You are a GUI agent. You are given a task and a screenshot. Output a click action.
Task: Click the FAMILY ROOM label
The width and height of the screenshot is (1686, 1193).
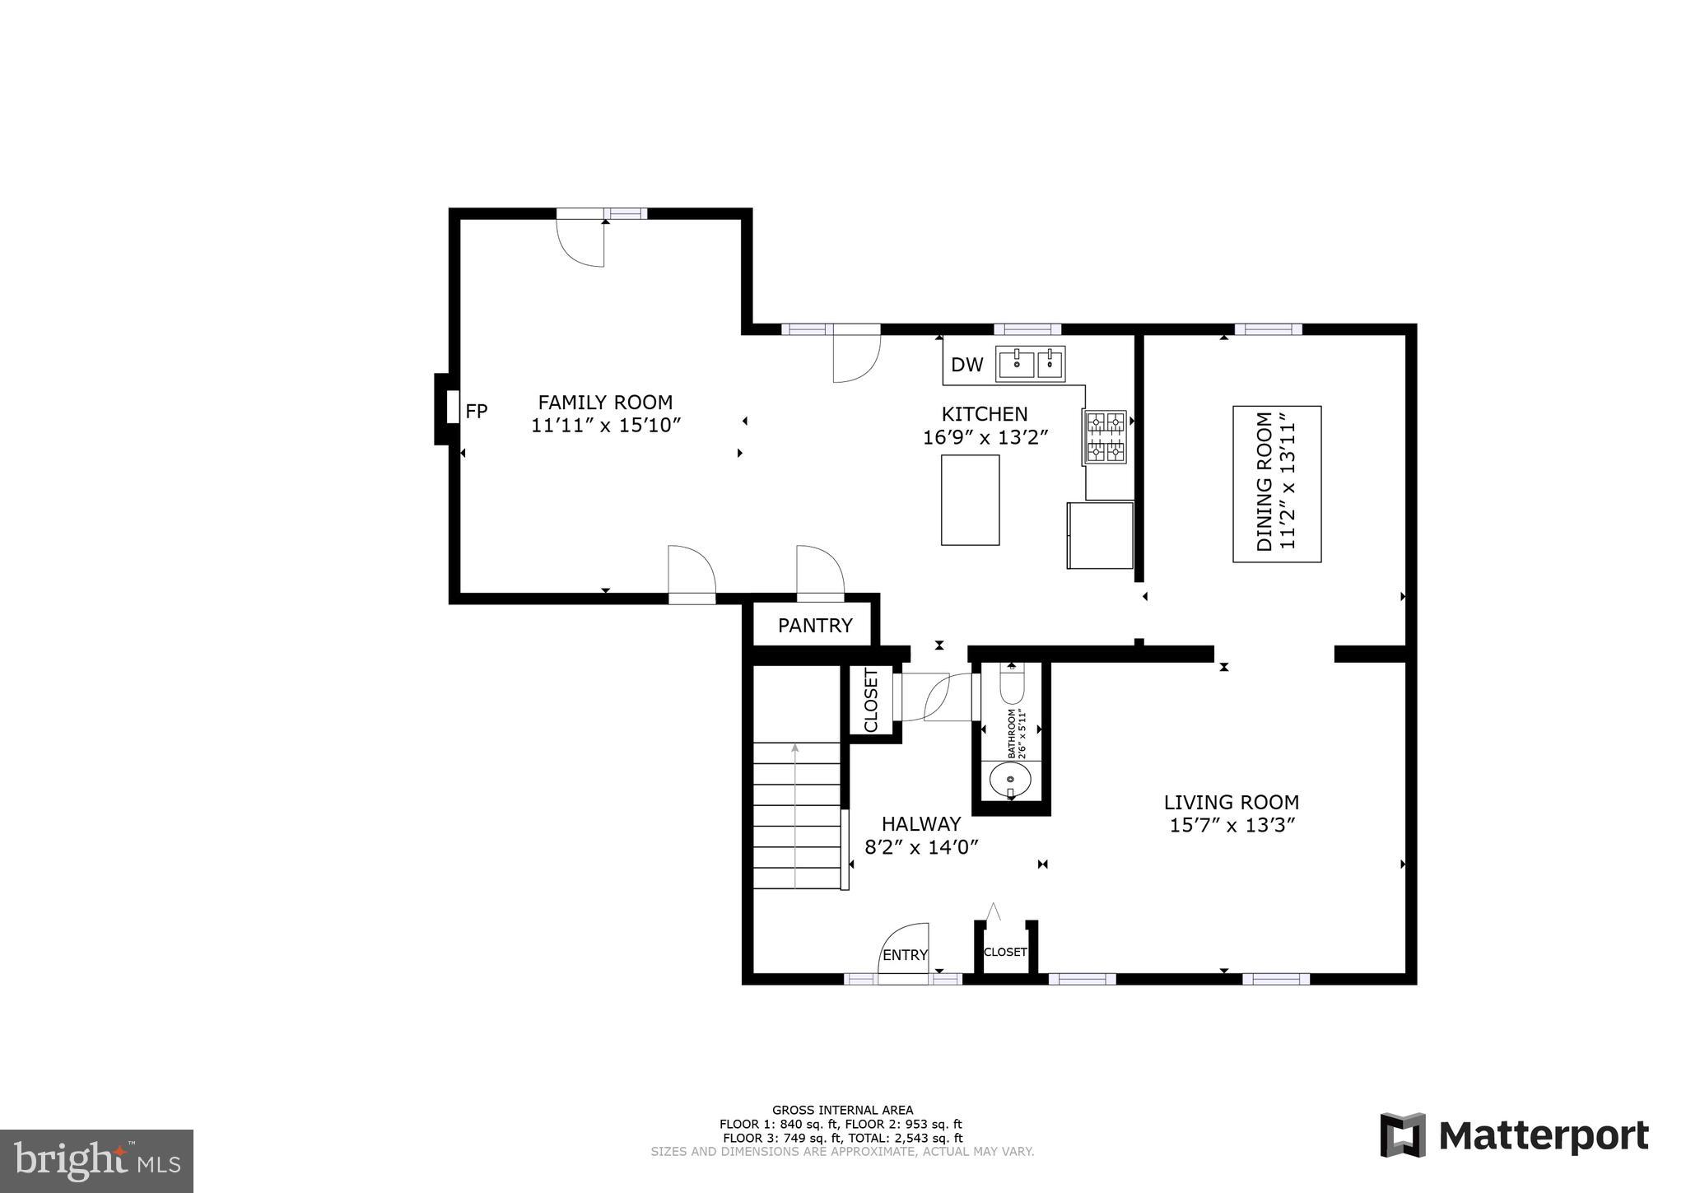(x=605, y=403)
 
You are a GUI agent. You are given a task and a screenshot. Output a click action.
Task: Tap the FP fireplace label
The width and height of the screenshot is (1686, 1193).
(x=477, y=411)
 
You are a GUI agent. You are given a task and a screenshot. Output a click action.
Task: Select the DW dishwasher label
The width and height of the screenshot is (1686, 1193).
(x=966, y=365)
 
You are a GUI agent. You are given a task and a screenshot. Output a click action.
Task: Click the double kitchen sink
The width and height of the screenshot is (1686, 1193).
(x=1030, y=363)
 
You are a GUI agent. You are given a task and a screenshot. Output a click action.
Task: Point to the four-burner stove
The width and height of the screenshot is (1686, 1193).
(x=1106, y=437)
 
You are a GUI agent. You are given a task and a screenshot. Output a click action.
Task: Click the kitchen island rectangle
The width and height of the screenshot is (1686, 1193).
(x=970, y=500)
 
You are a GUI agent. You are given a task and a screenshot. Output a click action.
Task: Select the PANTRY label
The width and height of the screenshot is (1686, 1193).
(x=814, y=626)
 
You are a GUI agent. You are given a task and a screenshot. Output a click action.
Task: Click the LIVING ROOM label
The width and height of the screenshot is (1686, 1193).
(x=1231, y=802)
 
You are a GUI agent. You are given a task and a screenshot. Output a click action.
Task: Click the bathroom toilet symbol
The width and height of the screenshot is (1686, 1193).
(x=1012, y=686)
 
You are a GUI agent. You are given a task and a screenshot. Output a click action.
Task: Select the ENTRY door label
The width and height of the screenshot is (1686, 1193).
(x=905, y=955)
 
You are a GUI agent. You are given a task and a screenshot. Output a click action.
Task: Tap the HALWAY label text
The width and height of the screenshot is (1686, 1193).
(x=920, y=824)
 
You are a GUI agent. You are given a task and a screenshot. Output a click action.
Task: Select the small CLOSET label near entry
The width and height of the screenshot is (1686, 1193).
(x=1005, y=952)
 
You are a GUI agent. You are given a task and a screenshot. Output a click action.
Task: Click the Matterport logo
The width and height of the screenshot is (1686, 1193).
(x=1514, y=1136)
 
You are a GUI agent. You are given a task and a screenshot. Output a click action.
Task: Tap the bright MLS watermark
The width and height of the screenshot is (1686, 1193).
(x=96, y=1161)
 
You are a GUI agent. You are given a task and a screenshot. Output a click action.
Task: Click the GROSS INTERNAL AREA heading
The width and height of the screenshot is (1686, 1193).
(x=841, y=1110)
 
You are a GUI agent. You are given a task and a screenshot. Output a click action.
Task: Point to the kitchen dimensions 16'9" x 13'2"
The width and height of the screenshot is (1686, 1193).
(x=985, y=437)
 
